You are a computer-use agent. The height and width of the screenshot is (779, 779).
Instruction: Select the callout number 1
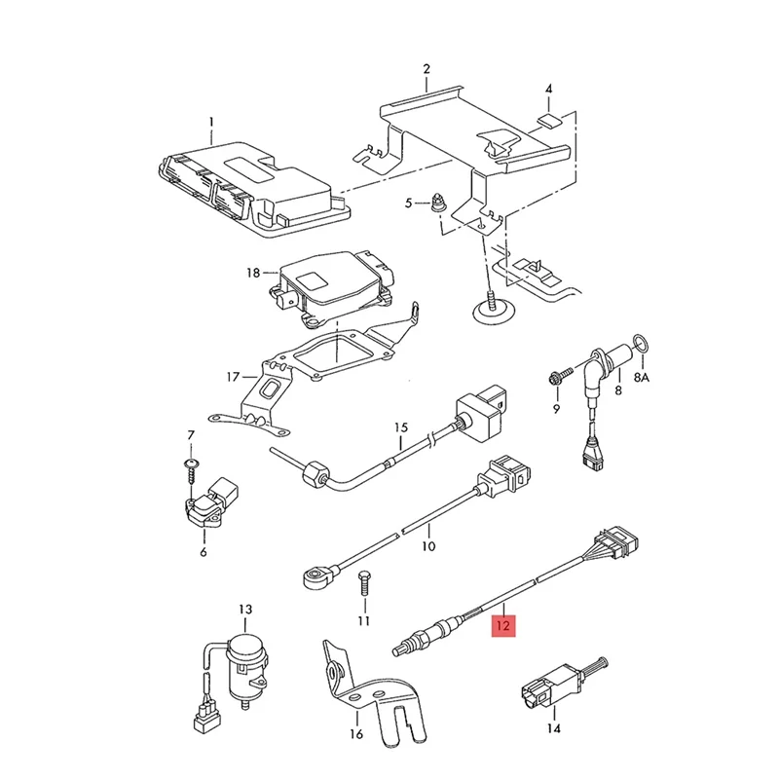coord(209,123)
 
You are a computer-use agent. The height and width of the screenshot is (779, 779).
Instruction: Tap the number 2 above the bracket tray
coord(427,68)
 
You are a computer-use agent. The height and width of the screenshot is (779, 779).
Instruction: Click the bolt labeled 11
coord(363,580)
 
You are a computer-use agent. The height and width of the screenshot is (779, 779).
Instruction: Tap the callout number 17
coord(232,377)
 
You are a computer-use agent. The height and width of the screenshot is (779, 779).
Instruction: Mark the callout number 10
coord(427,546)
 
